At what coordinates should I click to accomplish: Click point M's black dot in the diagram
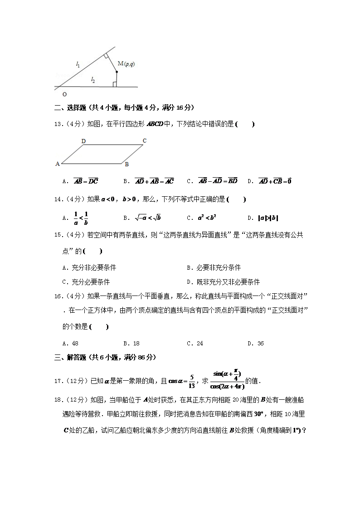point(117,72)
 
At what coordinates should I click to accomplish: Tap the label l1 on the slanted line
point(78,65)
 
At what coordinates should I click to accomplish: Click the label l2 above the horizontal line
point(93,80)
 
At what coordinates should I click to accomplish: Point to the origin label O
point(64,94)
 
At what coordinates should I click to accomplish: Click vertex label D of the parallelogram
point(83,141)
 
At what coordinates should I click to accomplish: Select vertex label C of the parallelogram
point(145,141)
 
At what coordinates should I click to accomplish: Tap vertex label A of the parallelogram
point(58,164)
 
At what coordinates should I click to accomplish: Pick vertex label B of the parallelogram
point(127,164)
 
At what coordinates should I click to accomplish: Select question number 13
point(58,124)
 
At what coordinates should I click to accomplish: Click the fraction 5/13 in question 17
point(192,381)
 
